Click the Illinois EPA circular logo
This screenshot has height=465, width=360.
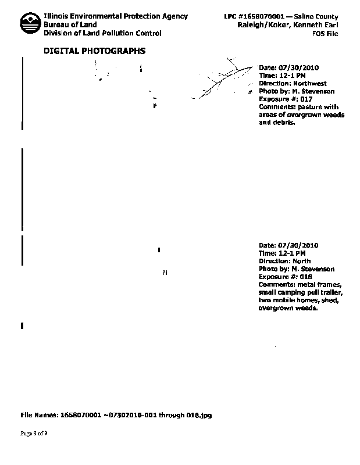[x=29, y=24]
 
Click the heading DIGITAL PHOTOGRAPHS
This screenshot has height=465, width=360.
[x=95, y=51]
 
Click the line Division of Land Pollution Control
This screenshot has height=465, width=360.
[x=102, y=34]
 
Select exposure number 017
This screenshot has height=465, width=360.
[x=306, y=99]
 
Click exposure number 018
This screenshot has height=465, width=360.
[x=306, y=277]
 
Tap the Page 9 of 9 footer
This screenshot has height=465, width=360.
[x=34, y=434]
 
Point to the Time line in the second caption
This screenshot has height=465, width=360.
[x=281, y=253]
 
